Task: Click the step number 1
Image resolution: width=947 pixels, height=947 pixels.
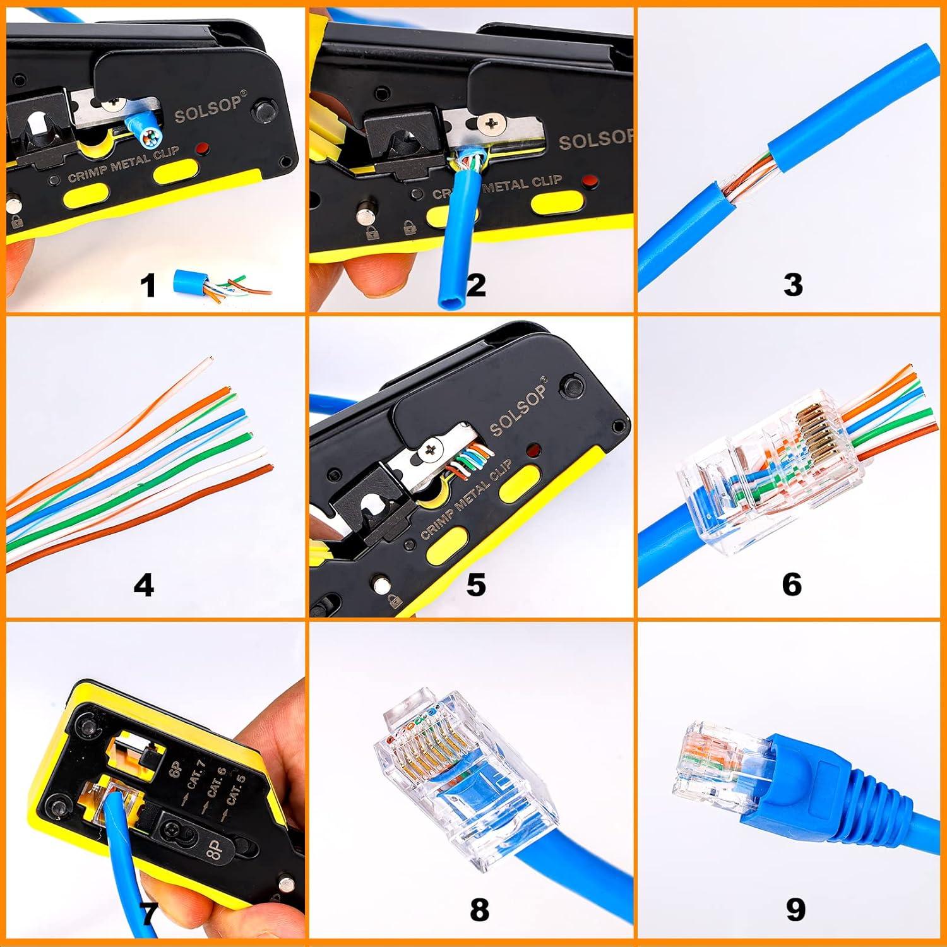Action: [x=148, y=285]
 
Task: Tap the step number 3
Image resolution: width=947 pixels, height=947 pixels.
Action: [x=793, y=285]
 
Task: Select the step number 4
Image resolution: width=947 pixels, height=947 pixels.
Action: [x=144, y=585]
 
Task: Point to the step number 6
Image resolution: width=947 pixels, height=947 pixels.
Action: [x=792, y=584]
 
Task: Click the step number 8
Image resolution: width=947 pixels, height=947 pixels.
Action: [x=479, y=910]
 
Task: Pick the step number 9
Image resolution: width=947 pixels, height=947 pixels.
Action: [x=795, y=910]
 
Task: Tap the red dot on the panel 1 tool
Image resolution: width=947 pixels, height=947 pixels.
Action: [x=203, y=150]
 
